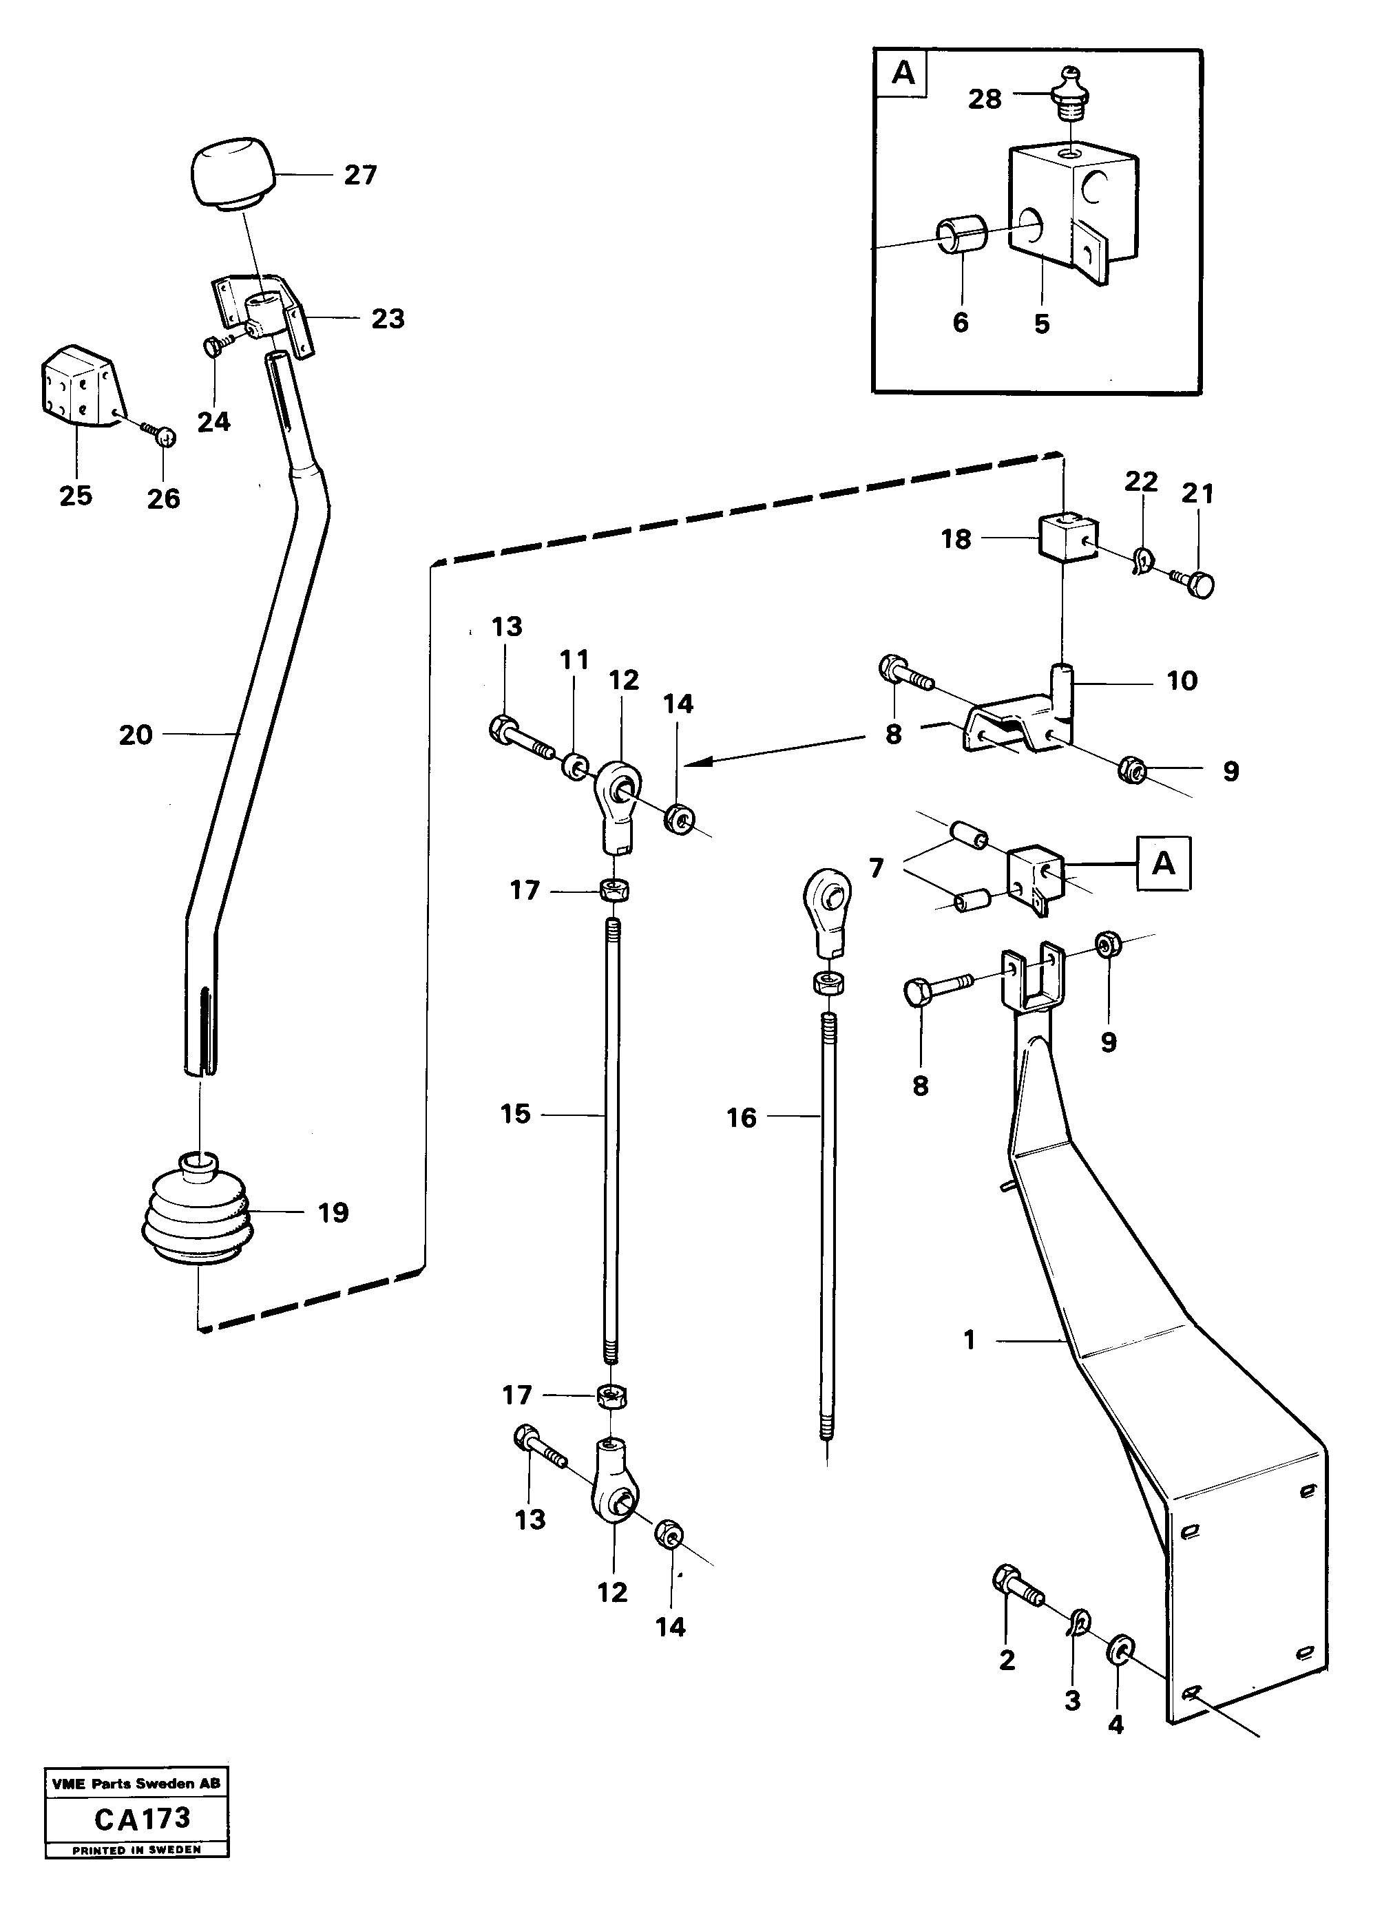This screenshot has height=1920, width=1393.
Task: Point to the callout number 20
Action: [136, 735]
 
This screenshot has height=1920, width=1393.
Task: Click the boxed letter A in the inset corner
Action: [903, 74]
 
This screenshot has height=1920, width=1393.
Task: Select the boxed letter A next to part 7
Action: [1164, 863]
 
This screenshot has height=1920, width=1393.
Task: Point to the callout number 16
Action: [741, 1117]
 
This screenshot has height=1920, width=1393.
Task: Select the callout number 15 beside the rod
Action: [515, 1114]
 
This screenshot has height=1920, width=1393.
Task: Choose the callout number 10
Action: [1182, 681]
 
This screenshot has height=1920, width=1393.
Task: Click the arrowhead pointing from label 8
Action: [689, 764]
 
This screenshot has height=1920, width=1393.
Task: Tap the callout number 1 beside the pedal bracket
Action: [970, 1340]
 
